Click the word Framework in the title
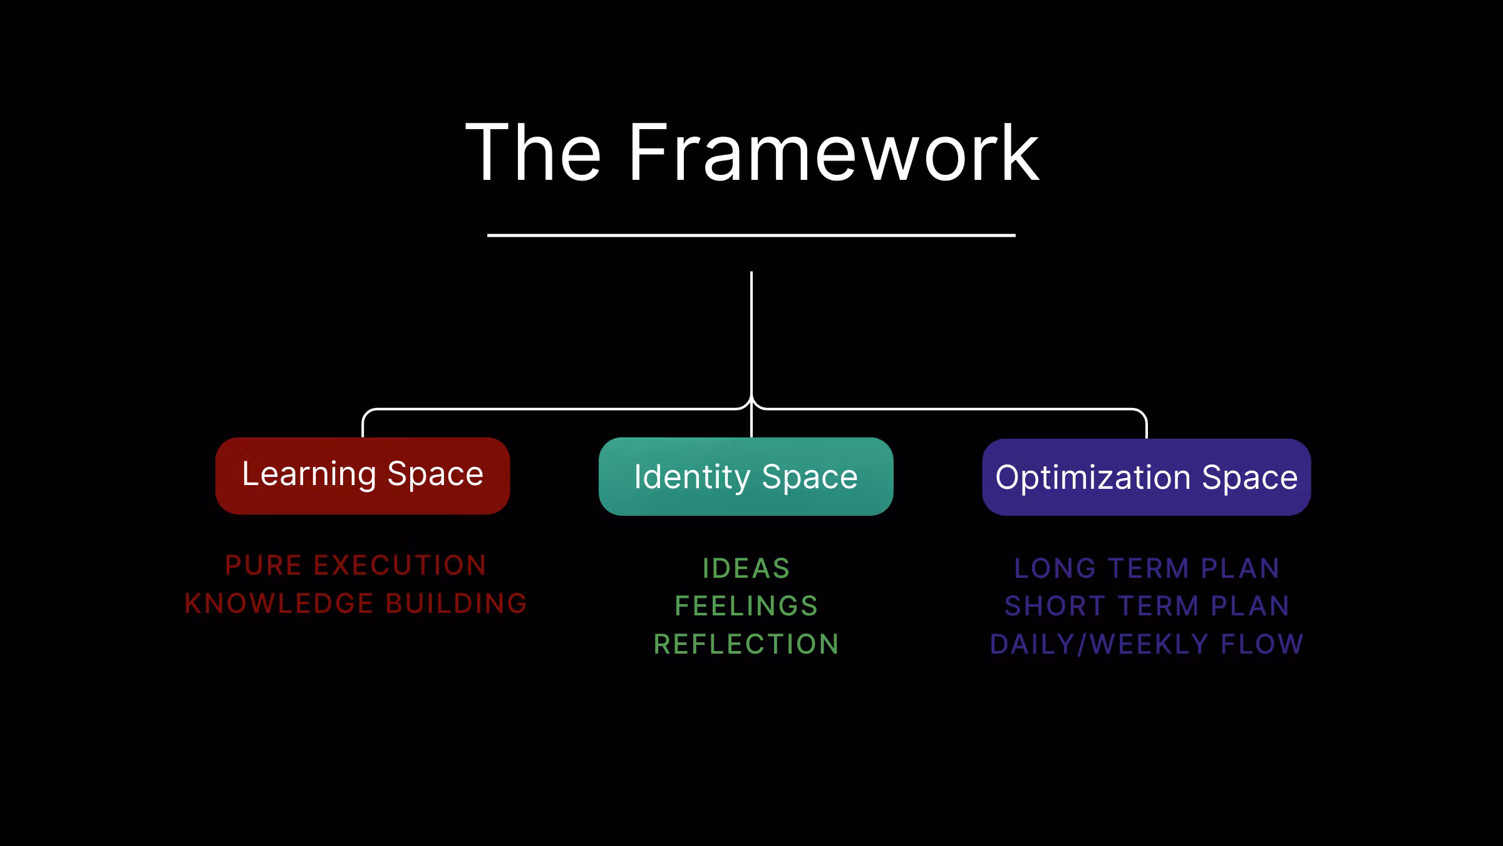833,154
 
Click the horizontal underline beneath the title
751,236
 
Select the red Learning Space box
363,476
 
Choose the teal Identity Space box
746,477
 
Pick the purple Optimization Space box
1146,478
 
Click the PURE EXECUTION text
356,565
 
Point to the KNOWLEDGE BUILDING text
356,603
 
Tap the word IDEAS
746,569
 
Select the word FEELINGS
746,606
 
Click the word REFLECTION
746,644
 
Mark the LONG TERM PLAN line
1146,568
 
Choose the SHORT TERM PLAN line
1146,606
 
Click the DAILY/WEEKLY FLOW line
1146,644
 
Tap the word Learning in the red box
309,474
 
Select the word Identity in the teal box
692,478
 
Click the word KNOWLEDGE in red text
279,603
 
